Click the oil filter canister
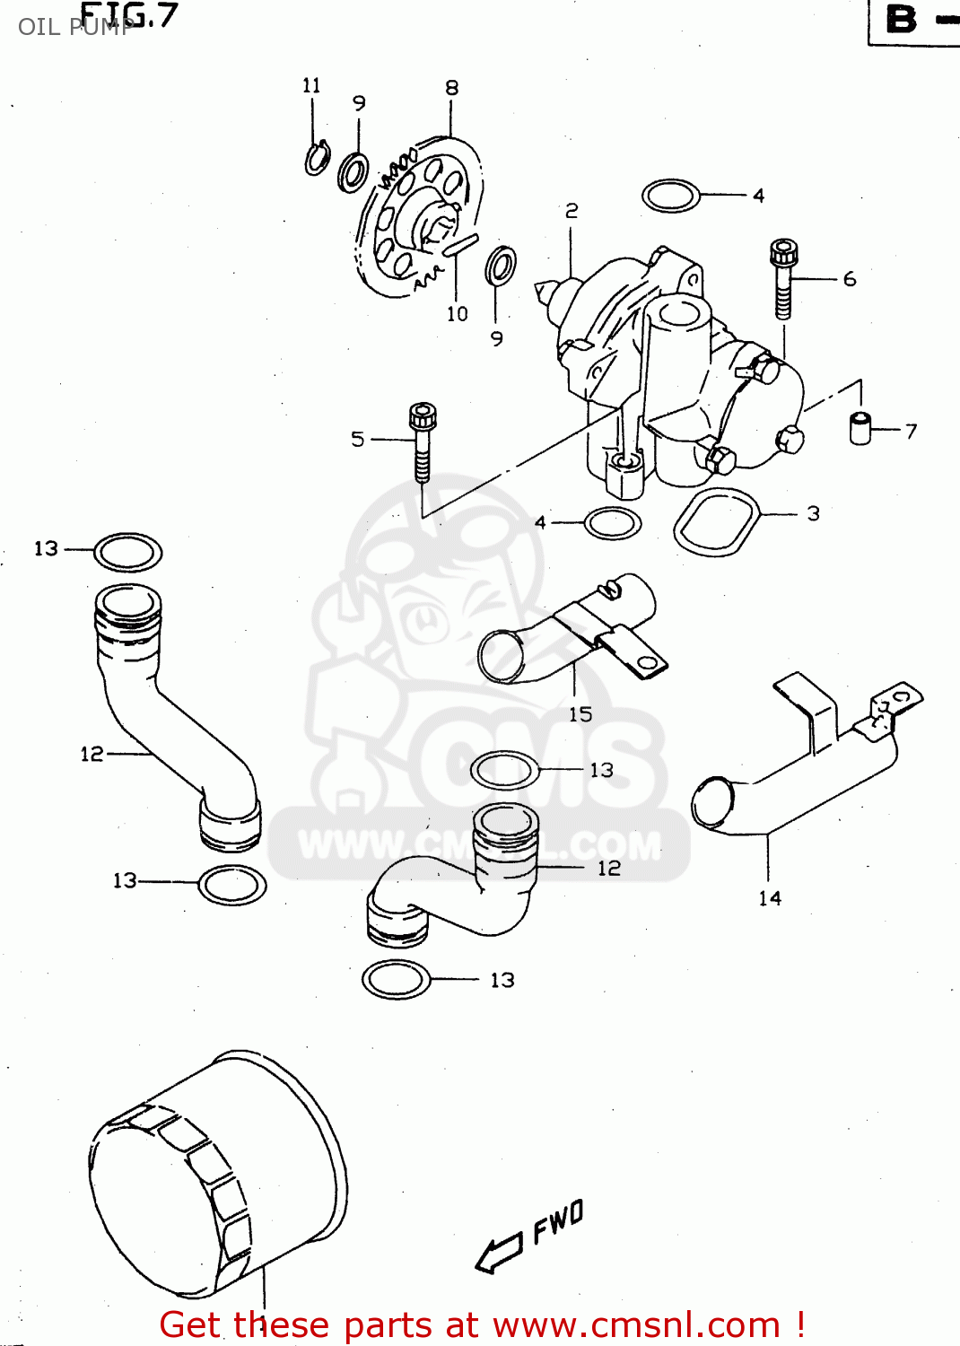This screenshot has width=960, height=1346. (x=215, y=1176)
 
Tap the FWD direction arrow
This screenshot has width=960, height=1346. (x=499, y=1252)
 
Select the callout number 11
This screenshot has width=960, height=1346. (x=311, y=85)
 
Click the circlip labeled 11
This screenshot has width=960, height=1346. (x=317, y=159)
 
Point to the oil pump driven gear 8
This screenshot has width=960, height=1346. (x=422, y=220)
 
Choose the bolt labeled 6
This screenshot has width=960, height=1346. (x=783, y=278)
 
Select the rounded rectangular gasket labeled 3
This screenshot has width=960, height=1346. (x=717, y=522)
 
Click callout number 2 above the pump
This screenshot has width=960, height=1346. (x=572, y=211)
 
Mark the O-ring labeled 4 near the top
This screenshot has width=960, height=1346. (x=671, y=196)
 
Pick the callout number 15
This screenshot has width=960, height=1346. (x=580, y=714)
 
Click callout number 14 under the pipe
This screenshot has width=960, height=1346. (x=770, y=898)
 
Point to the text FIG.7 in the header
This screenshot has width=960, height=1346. (x=130, y=15)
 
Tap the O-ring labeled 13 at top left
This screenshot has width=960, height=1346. (x=128, y=552)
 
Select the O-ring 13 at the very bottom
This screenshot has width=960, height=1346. (x=396, y=979)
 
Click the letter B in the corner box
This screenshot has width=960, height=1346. (x=902, y=20)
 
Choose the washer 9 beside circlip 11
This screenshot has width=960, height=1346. (x=353, y=170)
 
